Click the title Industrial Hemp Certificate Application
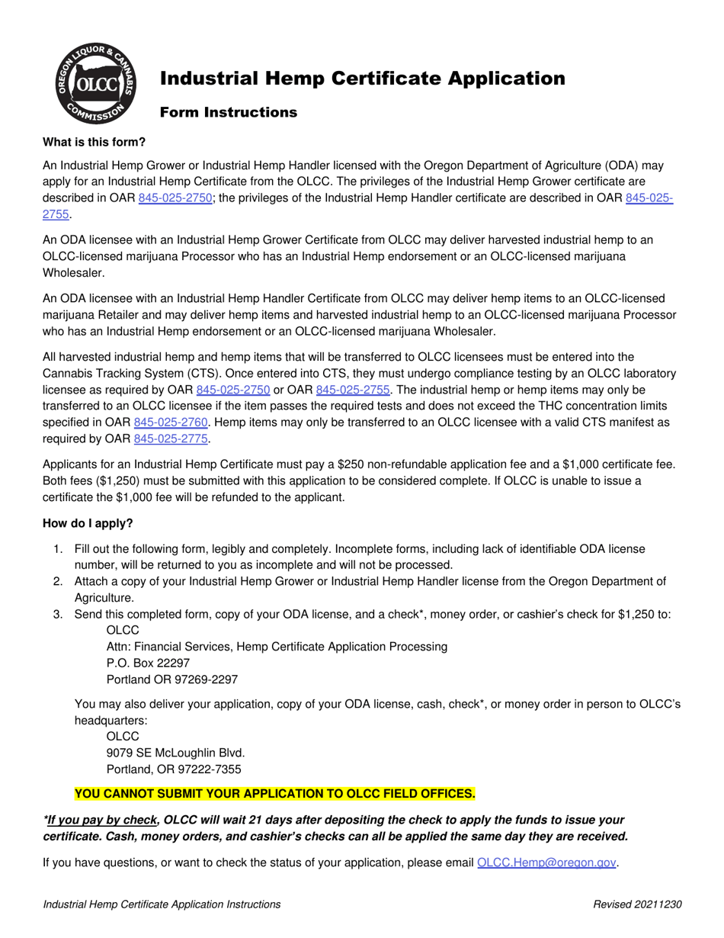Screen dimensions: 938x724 pyautogui.click(x=362, y=79)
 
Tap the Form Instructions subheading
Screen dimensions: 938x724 pyautogui.click(x=228, y=113)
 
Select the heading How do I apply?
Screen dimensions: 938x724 pyautogui.click(x=88, y=523)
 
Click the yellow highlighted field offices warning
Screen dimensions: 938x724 pyautogui.click(x=275, y=794)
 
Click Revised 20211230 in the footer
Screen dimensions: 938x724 pyautogui.click(x=637, y=904)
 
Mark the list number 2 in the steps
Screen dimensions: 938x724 pyautogui.click(x=58, y=582)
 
